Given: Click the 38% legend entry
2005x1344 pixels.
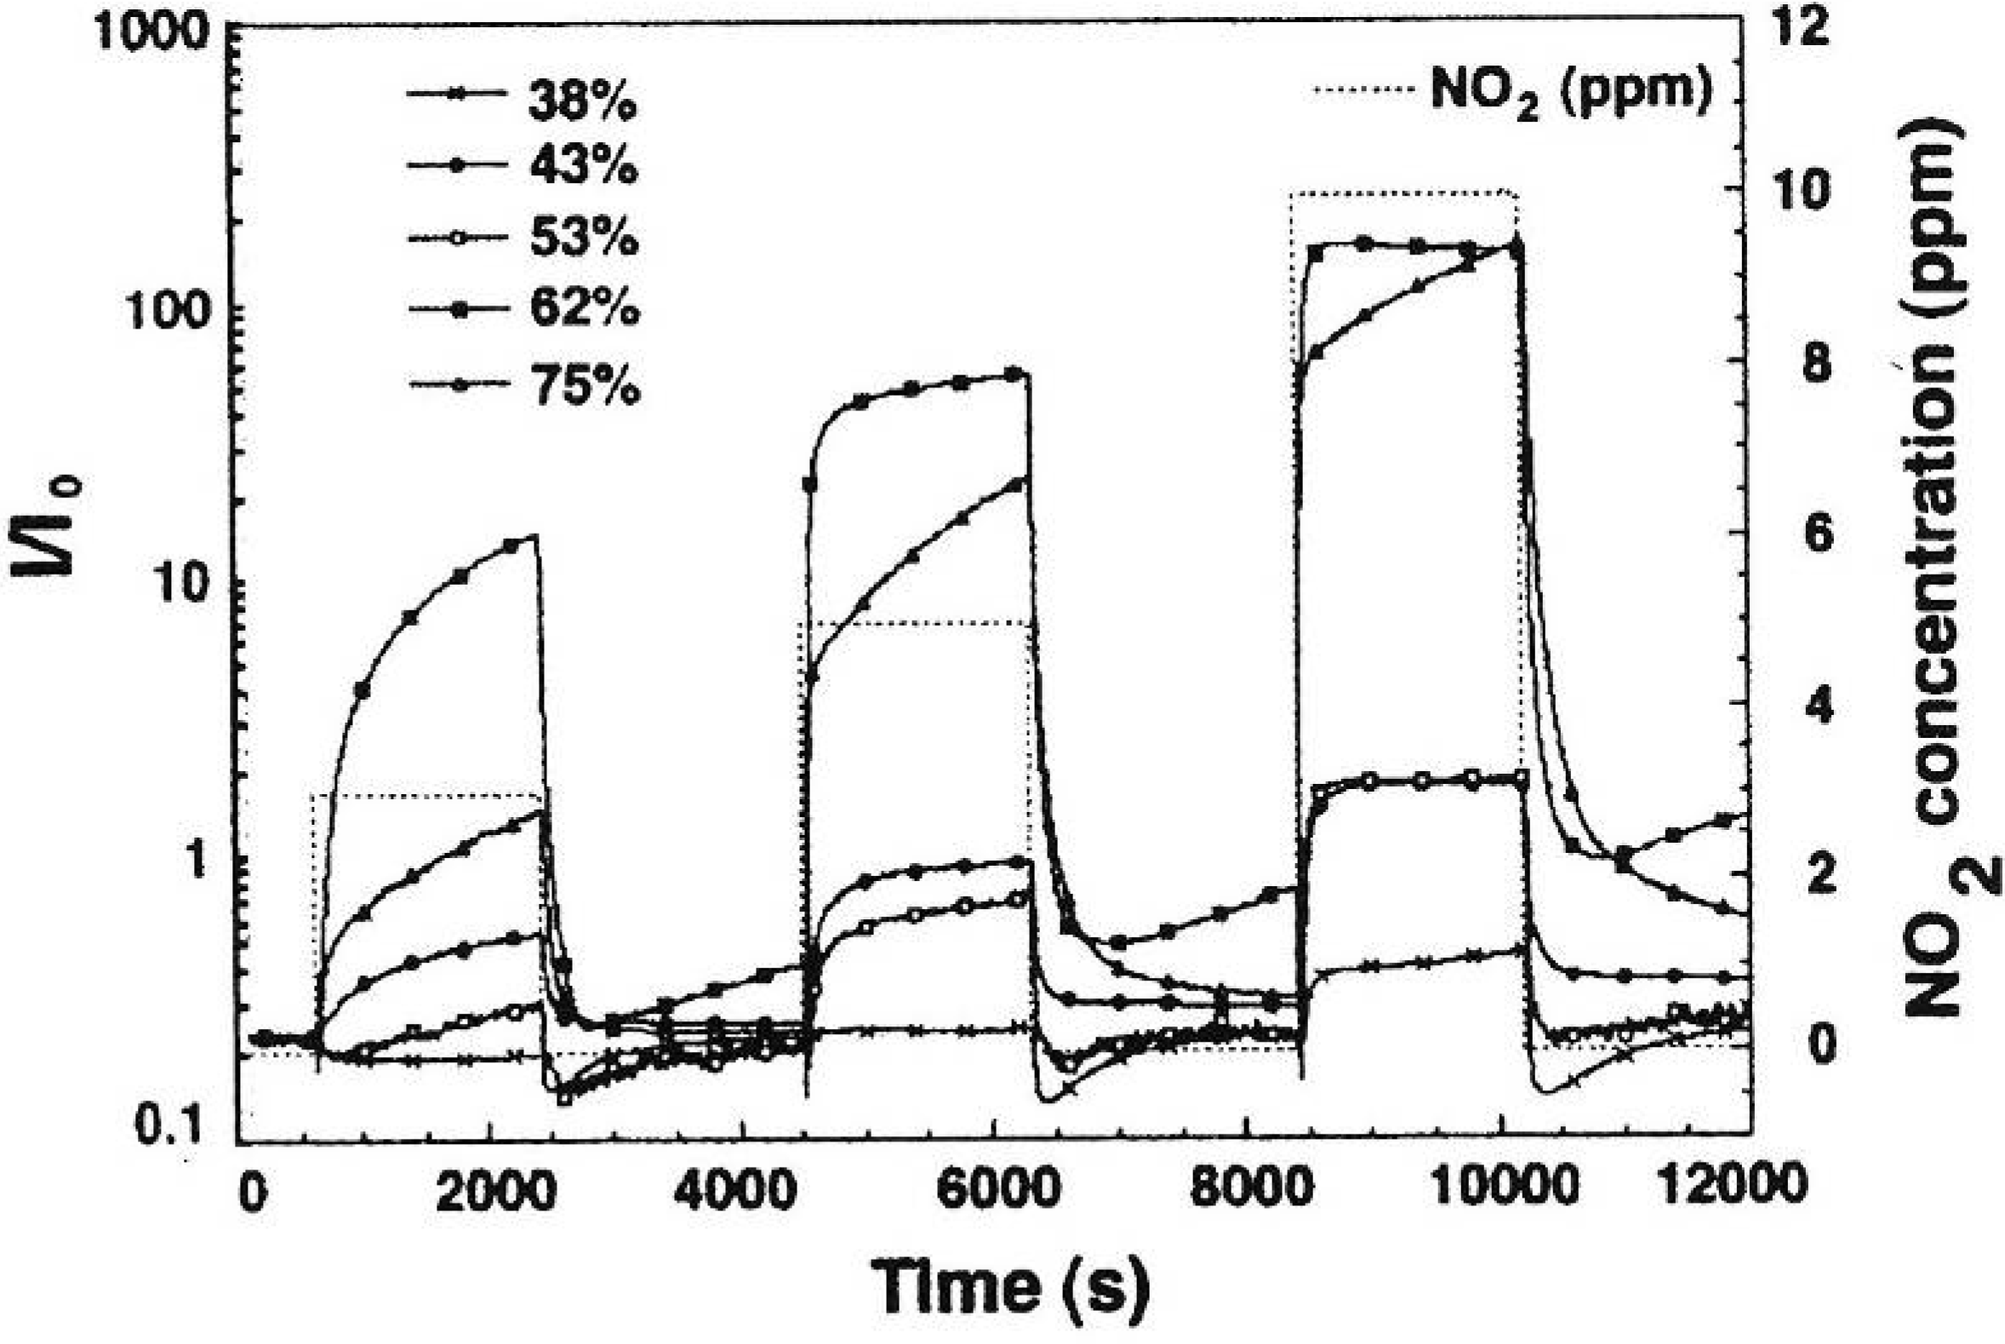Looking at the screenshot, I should [582, 100].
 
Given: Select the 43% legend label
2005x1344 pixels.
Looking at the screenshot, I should [584, 164].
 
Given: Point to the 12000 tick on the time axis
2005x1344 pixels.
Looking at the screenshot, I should [1733, 1187].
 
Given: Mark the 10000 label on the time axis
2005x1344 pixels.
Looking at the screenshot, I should [1503, 1190].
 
